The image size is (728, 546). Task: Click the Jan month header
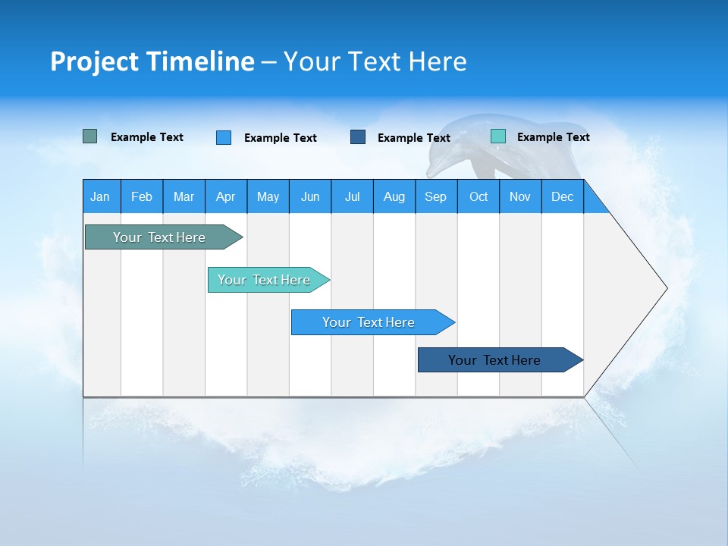(x=101, y=196)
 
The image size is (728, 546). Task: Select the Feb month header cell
(x=142, y=196)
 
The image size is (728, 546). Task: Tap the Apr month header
(x=226, y=196)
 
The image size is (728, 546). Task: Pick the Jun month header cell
(x=310, y=196)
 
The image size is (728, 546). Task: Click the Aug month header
(x=394, y=196)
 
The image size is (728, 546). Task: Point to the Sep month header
(x=436, y=196)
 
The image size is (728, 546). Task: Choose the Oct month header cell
(x=479, y=196)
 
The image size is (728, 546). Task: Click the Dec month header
(x=563, y=196)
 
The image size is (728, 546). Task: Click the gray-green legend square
(x=90, y=136)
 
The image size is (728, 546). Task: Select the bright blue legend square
(x=224, y=137)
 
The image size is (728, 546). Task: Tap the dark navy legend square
(x=358, y=136)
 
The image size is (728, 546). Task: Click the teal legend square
(x=498, y=136)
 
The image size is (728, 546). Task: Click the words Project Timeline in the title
(x=152, y=61)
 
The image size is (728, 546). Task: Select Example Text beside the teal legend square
(x=553, y=137)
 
